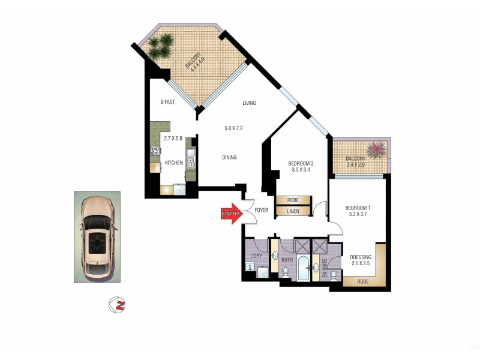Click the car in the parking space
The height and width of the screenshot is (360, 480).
[x=97, y=237]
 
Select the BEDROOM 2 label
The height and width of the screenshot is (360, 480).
[x=301, y=163]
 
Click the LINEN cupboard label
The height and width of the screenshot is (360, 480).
[x=293, y=211]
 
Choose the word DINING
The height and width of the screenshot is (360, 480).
[x=229, y=157]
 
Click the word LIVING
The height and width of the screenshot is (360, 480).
[x=249, y=103]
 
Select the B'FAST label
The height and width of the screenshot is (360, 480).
[x=167, y=102]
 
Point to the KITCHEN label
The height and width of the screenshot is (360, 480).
[x=174, y=163]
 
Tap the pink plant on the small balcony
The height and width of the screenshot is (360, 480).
[x=375, y=149]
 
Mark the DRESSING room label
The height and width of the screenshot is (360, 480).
[x=361, y=257]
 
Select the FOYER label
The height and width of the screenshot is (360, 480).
[x=262, y=211]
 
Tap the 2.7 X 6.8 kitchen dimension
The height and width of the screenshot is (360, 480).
[x=173, y=140]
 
